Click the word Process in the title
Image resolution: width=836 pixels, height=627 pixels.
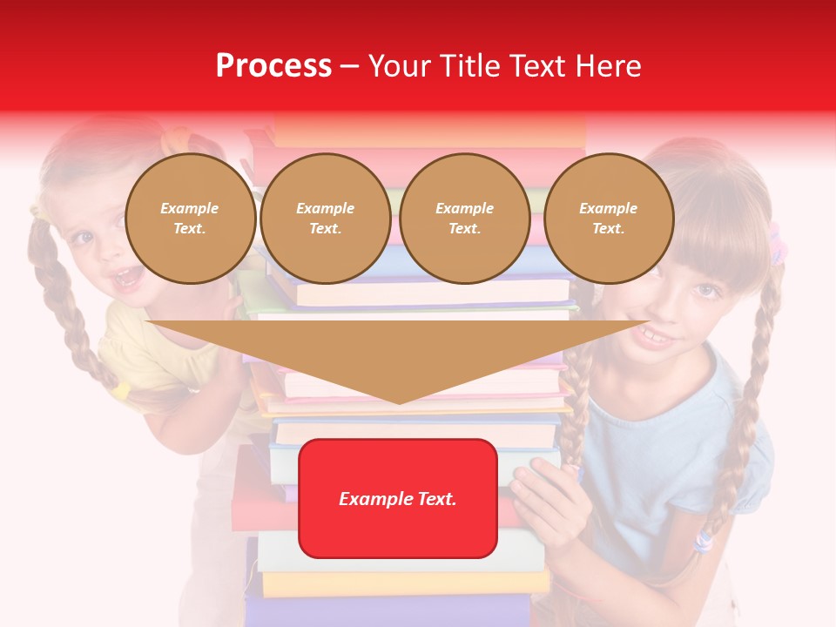pos(273,66)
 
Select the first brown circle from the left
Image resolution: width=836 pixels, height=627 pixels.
pos(190,219)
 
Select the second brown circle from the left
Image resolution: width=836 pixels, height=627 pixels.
pos(325,219)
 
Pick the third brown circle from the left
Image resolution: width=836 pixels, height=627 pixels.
pos(464,219)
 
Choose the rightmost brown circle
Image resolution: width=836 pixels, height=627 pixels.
pos(608,219)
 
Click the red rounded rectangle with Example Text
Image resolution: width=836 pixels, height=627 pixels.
pos(398,498)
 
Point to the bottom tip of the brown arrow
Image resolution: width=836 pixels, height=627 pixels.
pos(398,402)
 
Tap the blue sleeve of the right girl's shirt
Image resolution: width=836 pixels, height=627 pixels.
pos(740,462)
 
